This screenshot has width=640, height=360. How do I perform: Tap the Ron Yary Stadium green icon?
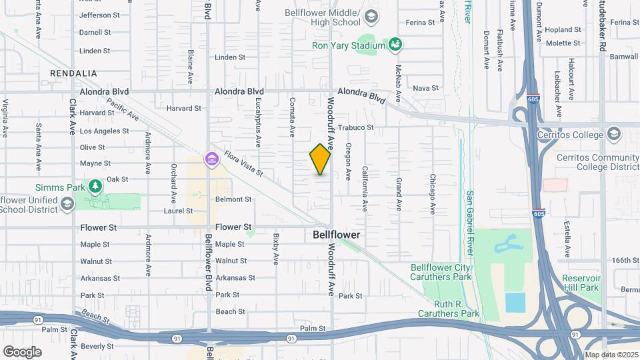(395, 45)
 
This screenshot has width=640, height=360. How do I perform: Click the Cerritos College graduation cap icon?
(613, 134)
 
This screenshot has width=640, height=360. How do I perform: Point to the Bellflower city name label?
(337, 235)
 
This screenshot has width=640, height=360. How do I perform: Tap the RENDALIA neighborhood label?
(73, 73)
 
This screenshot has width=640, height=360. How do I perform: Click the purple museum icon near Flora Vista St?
(212, 159)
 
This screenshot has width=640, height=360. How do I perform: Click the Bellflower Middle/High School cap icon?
(371, 16)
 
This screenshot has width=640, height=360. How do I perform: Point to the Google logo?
(22, 352)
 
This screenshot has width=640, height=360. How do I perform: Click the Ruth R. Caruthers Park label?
(449, 308)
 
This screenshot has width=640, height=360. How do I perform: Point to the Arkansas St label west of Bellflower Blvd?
(99, 278)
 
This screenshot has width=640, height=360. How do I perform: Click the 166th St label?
(626, 260)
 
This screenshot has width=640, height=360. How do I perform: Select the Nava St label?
(425, 88)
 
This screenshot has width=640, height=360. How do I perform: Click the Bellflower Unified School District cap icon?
(67, 204)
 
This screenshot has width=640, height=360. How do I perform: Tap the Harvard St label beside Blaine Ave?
(183, 108)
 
